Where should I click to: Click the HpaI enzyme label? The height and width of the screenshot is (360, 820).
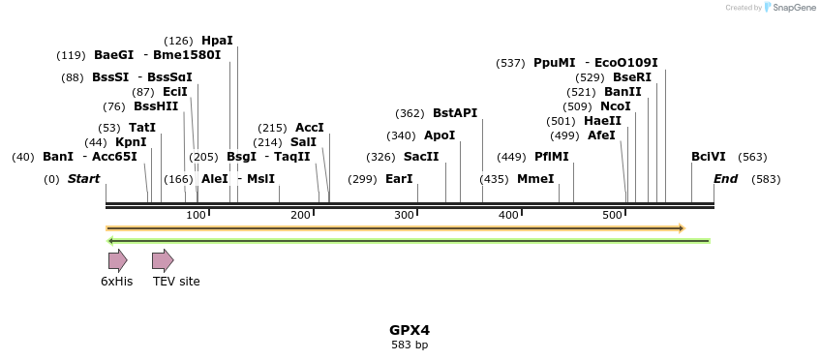217,41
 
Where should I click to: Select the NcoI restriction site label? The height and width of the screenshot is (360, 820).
616,106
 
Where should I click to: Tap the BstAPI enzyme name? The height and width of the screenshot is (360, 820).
455,113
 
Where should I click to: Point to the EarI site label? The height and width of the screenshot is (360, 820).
399,179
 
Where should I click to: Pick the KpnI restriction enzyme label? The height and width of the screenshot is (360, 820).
131,142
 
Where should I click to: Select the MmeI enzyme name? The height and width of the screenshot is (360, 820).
535,179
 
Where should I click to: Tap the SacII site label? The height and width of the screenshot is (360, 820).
421,157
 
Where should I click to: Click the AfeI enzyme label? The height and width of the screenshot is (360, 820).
601,135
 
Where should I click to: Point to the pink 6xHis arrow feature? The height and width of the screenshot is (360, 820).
117,260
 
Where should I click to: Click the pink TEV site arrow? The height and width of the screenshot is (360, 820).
163,260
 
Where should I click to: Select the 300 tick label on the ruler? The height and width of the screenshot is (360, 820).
405,215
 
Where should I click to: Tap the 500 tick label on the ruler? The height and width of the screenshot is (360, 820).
612,215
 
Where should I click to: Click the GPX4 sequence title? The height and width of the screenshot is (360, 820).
410,329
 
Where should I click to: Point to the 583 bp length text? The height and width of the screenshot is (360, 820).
410,345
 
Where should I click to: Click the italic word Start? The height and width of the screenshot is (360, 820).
83,179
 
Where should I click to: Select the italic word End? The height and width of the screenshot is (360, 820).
725,179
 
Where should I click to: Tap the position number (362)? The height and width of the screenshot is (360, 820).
410,113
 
